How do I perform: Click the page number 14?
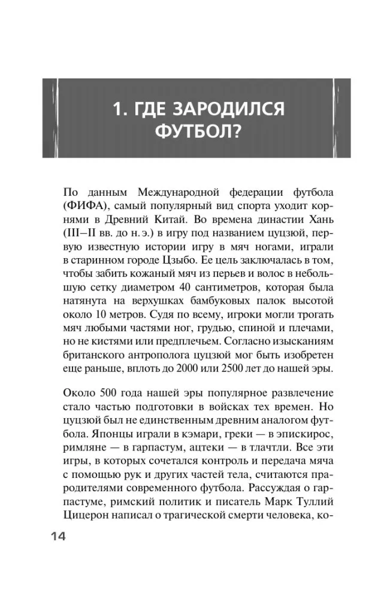pyautogui.click(x=55, y=536)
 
